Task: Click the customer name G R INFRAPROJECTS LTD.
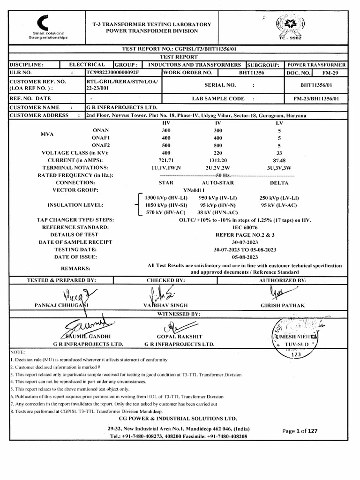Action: coord(121,107)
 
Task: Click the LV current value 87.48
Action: coord(279,160)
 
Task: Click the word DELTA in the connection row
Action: coord(279,182)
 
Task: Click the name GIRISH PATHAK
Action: coord(282,305)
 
